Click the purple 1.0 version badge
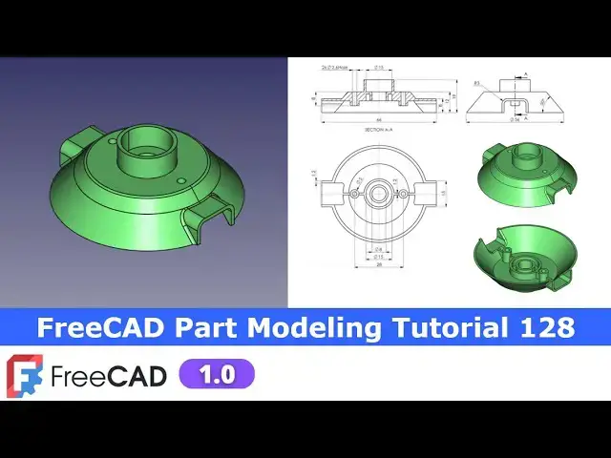coord(217,374)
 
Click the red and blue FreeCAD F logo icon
coord(23,375)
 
